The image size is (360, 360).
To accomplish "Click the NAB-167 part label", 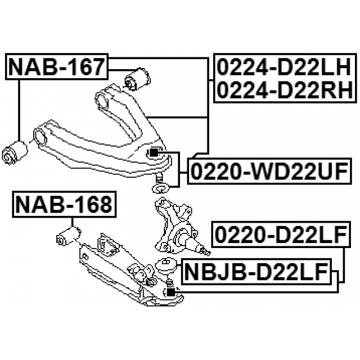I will pos(56,67).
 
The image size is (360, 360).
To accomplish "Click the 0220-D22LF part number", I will pos(277,235).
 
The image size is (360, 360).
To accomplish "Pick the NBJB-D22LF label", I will pos(257,273).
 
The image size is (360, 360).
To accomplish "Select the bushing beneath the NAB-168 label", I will pos(68,236).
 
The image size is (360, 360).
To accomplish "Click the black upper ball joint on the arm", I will pos(155,152).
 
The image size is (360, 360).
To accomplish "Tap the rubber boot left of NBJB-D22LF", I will pos(166,265).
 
